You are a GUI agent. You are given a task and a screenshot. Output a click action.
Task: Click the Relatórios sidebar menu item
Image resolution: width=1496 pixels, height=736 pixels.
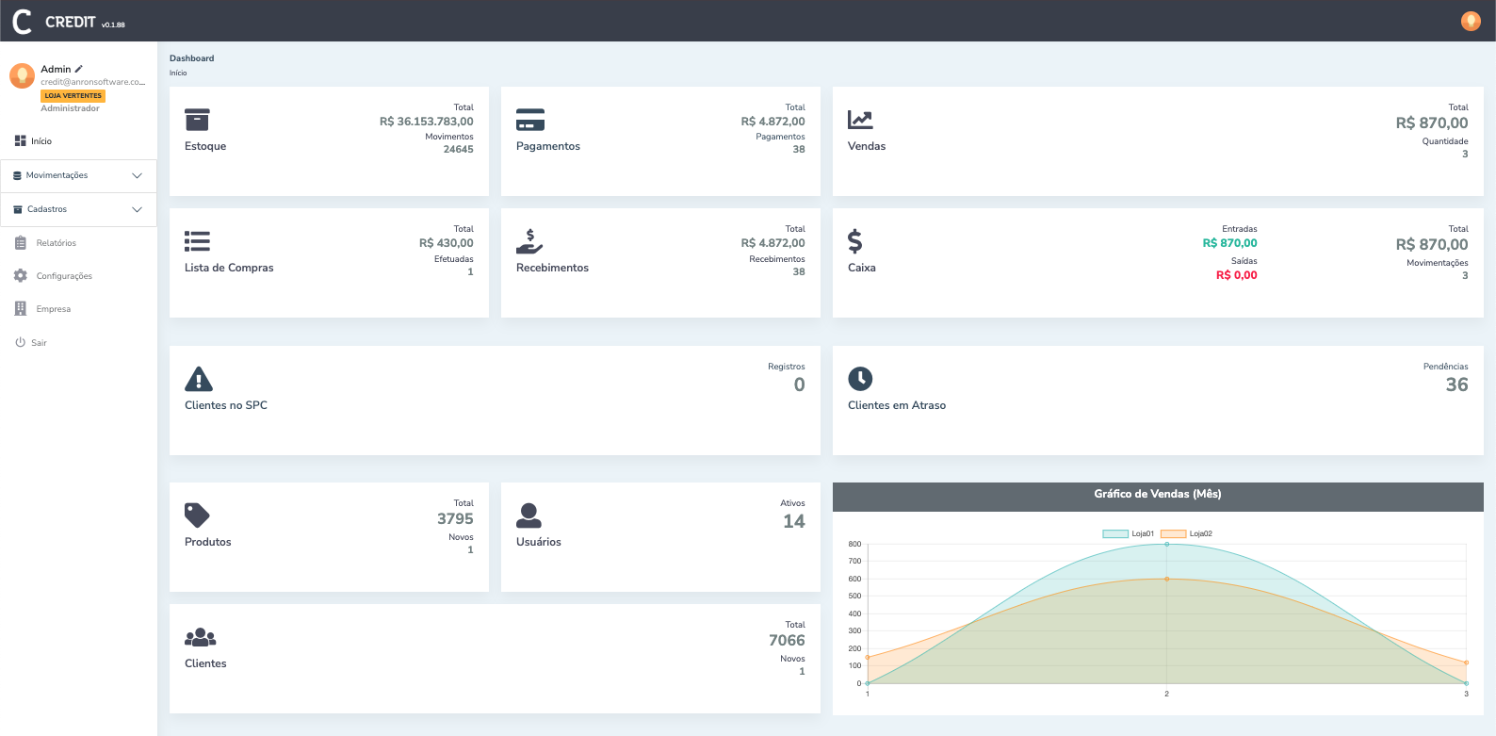pos(56,243)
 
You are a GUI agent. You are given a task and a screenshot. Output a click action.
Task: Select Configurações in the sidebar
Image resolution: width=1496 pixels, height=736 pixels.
pos(63,276)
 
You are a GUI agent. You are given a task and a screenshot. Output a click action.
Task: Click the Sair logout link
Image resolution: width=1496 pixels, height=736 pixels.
pos(38,343)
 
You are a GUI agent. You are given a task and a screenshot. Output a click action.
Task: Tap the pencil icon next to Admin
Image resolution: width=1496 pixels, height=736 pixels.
pos(79,69)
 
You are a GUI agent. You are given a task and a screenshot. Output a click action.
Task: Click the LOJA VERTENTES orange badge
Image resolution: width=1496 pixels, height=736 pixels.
pos(73,96)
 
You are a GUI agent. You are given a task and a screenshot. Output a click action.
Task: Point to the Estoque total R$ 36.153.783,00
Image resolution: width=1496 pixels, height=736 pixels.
pos(426,122)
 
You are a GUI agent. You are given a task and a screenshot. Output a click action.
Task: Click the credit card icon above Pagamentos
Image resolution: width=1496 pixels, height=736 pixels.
pos(530,120)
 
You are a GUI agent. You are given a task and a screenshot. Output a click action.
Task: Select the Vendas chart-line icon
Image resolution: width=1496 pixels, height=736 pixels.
pos(860,120)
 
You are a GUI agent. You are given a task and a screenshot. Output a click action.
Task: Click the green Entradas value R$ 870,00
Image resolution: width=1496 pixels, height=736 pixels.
pos(1229,243)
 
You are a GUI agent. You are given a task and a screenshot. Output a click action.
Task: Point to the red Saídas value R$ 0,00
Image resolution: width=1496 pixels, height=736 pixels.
pos(1236,275)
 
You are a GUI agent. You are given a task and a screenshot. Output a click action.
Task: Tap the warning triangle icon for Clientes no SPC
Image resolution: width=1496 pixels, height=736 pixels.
pos(199,379)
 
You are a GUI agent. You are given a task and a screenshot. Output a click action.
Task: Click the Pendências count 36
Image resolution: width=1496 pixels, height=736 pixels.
pos(1456,384)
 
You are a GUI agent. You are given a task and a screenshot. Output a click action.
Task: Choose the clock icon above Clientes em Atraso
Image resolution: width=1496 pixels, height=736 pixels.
pos(860,379)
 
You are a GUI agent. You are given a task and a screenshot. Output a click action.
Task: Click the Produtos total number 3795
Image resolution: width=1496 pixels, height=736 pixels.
pos(455,519)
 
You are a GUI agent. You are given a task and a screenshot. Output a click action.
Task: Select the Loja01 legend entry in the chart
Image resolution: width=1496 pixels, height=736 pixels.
pos(1128,533)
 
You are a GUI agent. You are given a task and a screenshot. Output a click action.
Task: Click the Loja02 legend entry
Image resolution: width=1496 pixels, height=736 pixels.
pos(1186,533)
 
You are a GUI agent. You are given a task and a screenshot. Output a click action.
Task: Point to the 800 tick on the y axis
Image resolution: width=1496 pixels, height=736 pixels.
pos(854,544)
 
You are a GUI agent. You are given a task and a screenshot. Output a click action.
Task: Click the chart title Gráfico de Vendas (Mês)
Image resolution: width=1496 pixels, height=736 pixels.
pos(1157,494)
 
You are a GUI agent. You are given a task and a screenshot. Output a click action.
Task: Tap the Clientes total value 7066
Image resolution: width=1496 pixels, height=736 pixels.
pos(787,641)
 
